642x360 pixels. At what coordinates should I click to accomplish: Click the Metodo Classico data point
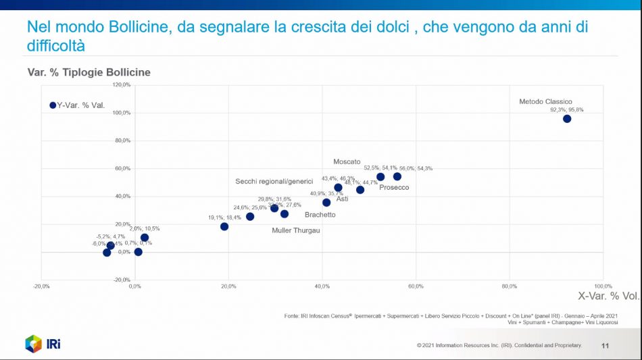[x=567, y=119]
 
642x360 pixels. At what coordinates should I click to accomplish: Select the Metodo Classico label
[x=545, y=102]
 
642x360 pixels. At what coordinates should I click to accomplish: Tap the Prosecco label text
[x=394, y=187]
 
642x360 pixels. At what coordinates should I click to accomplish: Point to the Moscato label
[x=347, y=162]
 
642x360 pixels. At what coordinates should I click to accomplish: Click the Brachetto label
[x=320, y=215]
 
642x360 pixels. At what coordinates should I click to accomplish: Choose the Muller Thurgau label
[x=295, y=230]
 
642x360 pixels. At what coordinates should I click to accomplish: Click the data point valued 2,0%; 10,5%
[x=145, y=238]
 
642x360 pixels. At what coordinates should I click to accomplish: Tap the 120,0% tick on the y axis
[x=122, y=85]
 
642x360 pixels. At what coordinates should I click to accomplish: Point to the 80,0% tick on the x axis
[x=509, y=286]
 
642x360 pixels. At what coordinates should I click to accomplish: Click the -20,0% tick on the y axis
[x=122, y=280]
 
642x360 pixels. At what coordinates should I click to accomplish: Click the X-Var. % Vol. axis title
[x=608, y=296]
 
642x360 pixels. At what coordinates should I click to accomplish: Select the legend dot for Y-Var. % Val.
[x=53, y=105]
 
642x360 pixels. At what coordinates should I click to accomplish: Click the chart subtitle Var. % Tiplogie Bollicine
[x=89, y=72]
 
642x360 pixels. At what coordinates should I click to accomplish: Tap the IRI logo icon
[x=34, y=344]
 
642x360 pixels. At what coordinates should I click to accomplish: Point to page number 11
[x=605, y=346]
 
